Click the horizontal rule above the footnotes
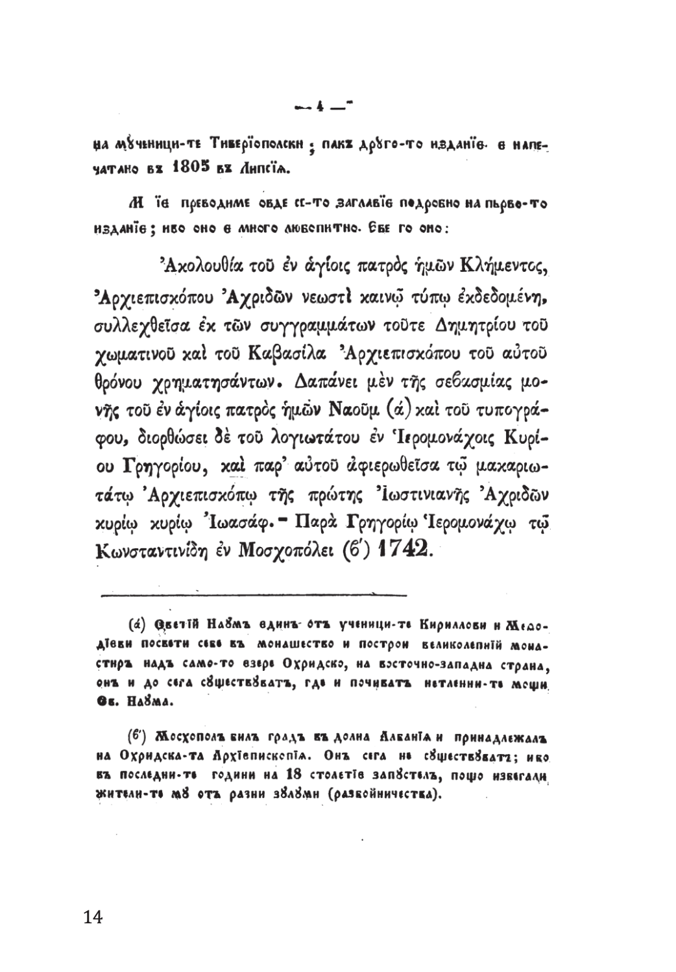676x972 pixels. [254, 594]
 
